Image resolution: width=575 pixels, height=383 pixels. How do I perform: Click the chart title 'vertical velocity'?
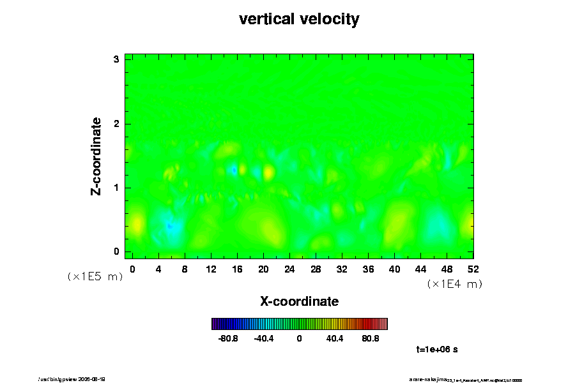coord(299,19)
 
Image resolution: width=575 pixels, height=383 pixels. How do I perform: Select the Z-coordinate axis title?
coord(96,156)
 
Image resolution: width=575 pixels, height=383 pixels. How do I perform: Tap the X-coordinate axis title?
coord(299,301)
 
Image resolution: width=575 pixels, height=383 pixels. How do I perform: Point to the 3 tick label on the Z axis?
coord(116,59)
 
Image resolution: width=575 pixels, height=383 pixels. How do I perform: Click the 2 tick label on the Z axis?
coord(116,123)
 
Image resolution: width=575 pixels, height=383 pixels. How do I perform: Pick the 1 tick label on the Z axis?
coord(116,188)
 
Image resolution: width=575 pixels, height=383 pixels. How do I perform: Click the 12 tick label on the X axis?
coord(211,269)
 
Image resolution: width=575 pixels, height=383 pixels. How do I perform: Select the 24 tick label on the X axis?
coord(289,269)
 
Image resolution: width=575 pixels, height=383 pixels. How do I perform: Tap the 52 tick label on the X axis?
coord(473,269)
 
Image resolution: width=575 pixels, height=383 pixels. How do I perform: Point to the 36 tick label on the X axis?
coord(369,269)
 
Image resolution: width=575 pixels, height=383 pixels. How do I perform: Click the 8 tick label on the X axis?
coord(185,269)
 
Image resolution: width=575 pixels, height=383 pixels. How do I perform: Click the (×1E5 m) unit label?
coord(95,276)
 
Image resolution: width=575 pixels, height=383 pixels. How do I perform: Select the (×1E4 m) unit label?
coord(454,284)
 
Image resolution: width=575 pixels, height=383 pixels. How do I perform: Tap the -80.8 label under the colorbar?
coord(228,338)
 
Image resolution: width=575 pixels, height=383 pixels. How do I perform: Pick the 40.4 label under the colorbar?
coord(335,338)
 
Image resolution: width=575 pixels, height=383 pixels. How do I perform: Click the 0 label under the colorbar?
coord(299,338)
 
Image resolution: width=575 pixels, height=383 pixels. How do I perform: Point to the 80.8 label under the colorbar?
coord(371,338)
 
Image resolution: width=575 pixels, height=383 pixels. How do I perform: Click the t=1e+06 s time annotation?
coord(437,349)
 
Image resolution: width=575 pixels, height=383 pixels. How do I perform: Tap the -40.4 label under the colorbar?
coord(264,338)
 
